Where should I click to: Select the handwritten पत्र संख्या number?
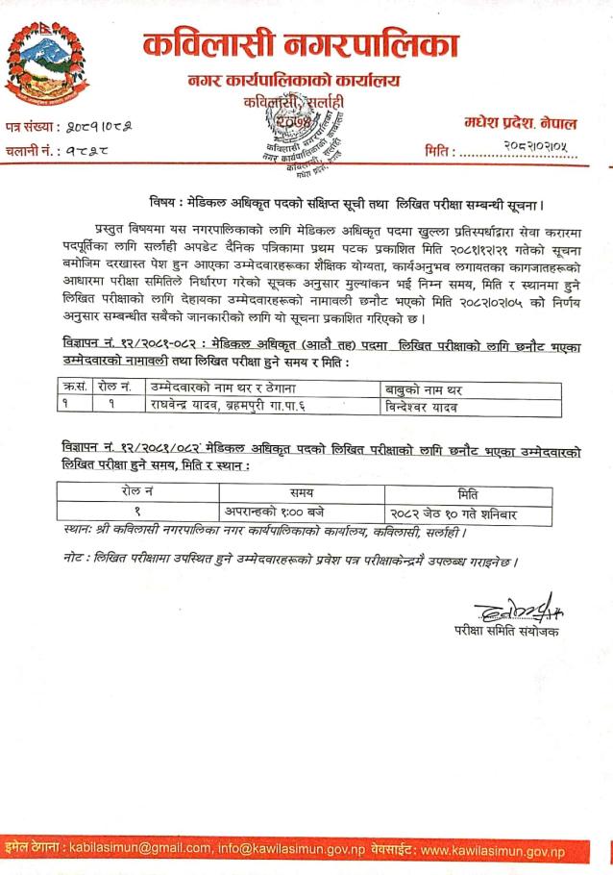104,127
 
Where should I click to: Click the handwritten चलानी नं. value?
96,151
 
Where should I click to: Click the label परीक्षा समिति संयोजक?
505,631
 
